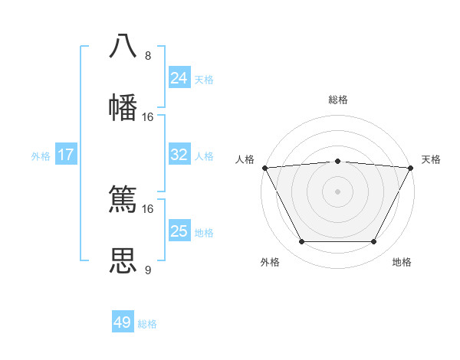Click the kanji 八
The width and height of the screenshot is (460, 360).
click(x=123, y=47)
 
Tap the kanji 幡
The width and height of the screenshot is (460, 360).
click(x=123, y=108)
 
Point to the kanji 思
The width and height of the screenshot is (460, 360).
click(x=123, y=261)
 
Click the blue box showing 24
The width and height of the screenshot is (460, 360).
click(x=179, y=78)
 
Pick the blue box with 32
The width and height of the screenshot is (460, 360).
click(x=179, y=155)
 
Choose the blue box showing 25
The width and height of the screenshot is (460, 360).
click(x=179, y=231)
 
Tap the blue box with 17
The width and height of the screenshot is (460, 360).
click(x=66, y=155)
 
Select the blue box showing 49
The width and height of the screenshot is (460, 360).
click(x=123, y=322)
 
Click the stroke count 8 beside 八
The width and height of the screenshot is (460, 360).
click(x=148, y=56)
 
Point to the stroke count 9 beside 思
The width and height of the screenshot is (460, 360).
click(x=148, y=270)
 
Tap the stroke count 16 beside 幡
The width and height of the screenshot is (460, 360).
click(x=148, y=117)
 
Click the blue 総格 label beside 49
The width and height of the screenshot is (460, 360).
click(x=147, y=324)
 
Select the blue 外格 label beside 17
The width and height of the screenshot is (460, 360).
click(x=41, y=156)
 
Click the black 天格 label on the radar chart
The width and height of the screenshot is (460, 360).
click(x=431, y=159)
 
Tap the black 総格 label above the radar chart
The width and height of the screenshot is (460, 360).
click(x=337, y=100)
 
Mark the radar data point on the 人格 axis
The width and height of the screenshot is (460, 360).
click(x=264, y=168)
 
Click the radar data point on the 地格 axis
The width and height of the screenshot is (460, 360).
click(x=373, y=242)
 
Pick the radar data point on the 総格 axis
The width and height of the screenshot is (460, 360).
click(x=337, y=161)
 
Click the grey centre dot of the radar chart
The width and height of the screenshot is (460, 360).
click(x=337, y=191)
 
